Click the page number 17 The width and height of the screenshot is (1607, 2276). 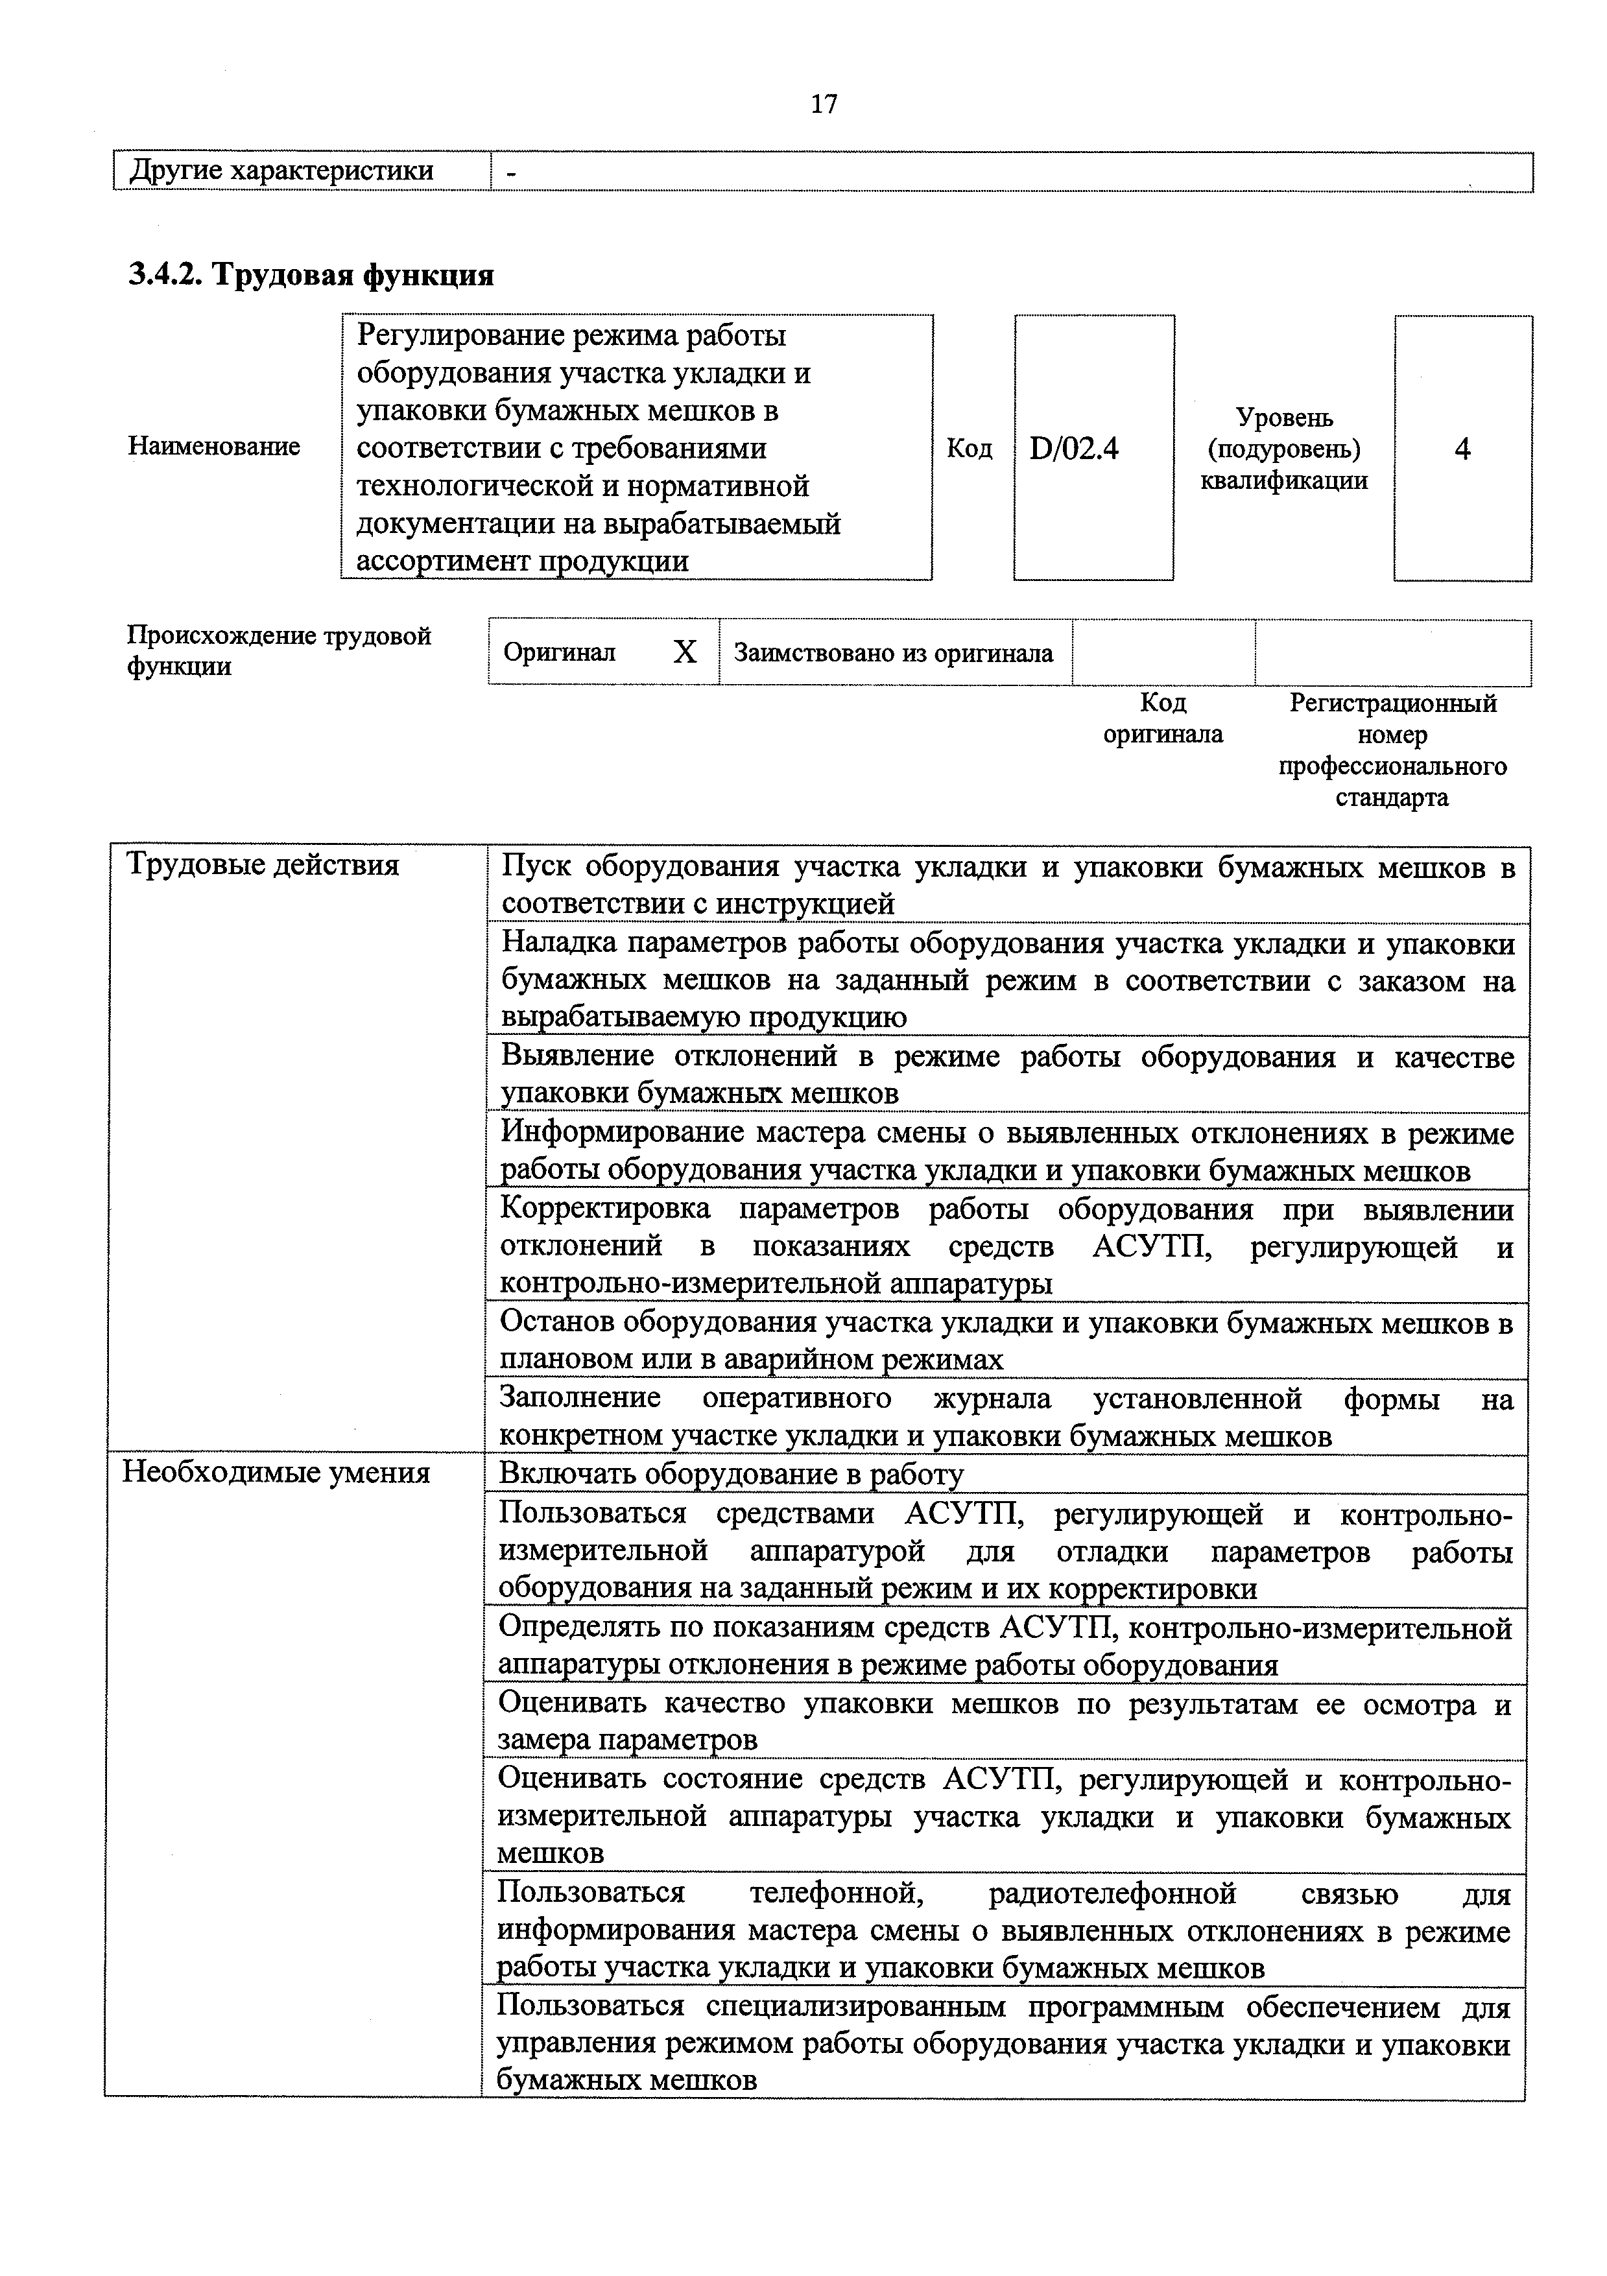pos(824,103)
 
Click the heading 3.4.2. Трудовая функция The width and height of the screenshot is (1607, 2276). pos(311,274)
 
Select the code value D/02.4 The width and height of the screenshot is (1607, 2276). pos(1074,449)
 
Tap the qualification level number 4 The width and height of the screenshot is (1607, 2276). pos(1462,449)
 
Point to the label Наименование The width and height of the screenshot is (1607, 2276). pos(214,447)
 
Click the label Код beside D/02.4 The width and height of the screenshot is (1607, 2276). pos(969,449)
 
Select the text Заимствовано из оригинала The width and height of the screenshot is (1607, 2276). pos(893,653)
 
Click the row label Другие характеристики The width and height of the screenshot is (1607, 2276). pos(283,171)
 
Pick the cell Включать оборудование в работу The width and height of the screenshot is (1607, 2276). pos(731,1475)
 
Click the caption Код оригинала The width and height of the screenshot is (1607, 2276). pos(1163,718)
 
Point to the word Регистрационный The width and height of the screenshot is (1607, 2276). pos(1393,704)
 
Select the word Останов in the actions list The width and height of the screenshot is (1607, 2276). pos(556,1322)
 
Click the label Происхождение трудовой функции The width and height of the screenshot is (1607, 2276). pos(279,650)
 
